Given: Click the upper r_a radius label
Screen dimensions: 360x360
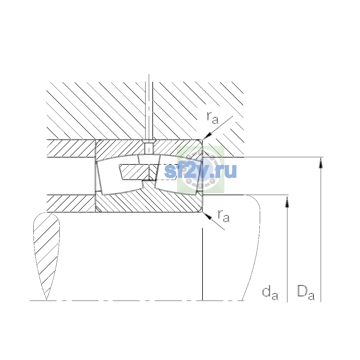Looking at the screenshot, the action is pyautogui.click(x=212, y=118).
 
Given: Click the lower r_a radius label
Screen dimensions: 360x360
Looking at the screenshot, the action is pyautogui.click(x=223, y=216).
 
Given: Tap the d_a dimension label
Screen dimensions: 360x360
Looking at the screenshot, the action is pyautogui.click(x=270, y=293).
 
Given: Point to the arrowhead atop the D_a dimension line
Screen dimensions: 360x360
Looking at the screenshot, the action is pyautogui.click(x=321, y=163).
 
